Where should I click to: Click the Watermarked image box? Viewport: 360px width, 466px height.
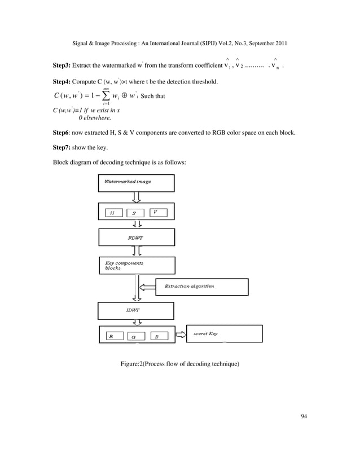(137, 183)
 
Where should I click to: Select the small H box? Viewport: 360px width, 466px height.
(113, 213)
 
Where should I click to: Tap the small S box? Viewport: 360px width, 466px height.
(134, 213)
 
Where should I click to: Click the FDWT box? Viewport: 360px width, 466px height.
(137, 238)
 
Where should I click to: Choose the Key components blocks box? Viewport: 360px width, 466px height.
(137, 265)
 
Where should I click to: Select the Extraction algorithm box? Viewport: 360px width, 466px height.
(201, 287)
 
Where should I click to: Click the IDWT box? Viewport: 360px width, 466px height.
(136, 311)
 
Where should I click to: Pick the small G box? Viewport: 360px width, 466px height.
(135, 337)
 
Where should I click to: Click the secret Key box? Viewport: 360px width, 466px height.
(224, 333)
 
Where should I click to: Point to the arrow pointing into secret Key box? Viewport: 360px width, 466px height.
(180, 335)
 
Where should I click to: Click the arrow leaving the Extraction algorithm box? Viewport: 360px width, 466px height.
(148, 287)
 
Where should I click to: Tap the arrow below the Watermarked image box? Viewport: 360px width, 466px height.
(137, 197)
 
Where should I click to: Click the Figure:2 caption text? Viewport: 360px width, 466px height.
(180, 364)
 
